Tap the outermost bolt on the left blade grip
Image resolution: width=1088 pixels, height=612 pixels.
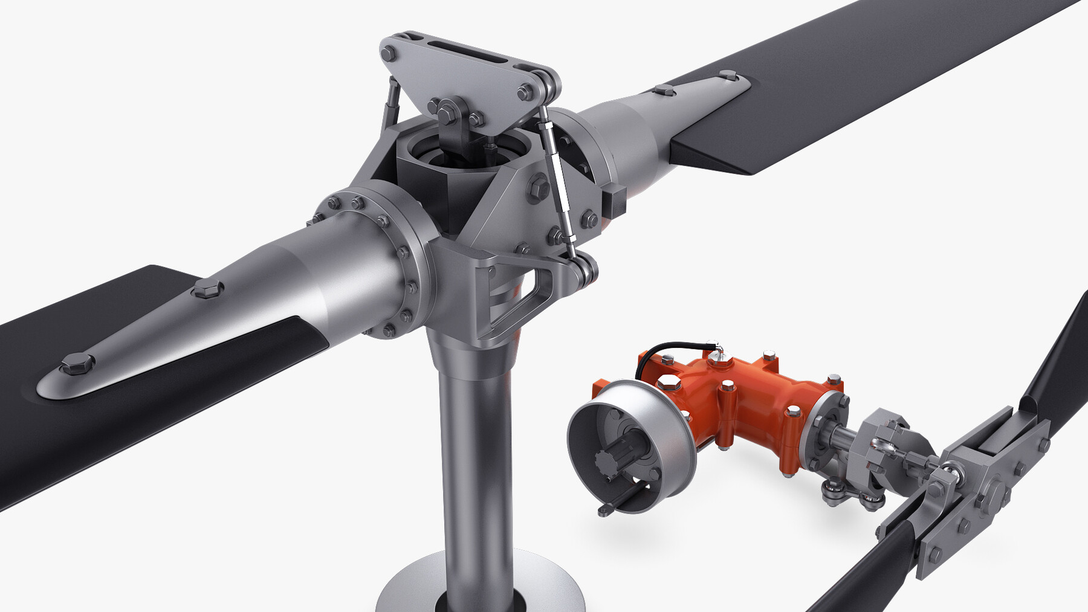pyautogui.click(x=77, y=364)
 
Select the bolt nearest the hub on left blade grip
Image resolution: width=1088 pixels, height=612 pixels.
pyautogui.click(x=208, y=289)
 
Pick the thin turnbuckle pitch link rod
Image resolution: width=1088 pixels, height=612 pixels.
pyautogui.click(x=559, y=181)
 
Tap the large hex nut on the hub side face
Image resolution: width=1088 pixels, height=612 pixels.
pyautogui.click(x=537, y=188)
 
